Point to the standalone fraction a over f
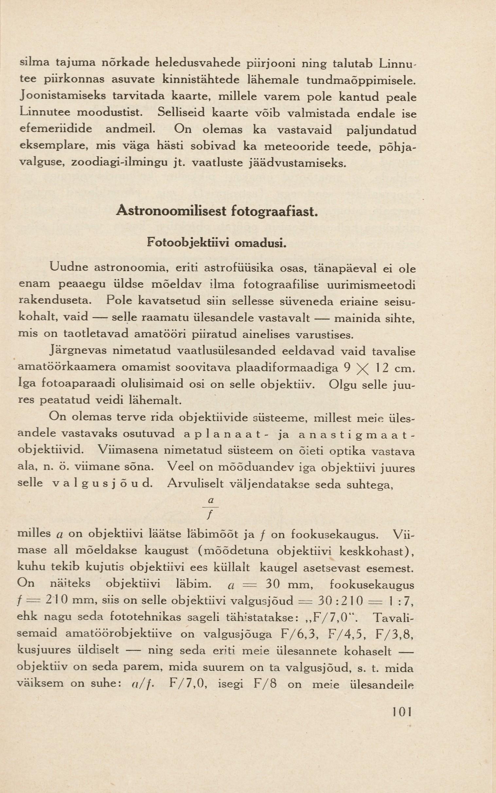(211, 508)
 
